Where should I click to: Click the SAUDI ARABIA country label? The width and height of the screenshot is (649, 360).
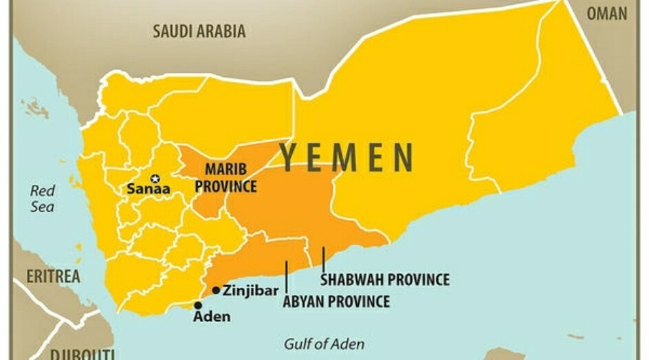point(199,31)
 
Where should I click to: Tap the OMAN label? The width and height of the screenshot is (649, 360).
point(606,14)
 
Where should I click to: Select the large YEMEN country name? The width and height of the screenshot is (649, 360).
point(346,157)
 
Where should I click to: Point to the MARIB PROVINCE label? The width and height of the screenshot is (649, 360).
point(225,177)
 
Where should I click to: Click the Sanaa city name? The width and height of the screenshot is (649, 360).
point(148,190)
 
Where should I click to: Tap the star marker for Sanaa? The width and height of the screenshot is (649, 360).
point(155,178)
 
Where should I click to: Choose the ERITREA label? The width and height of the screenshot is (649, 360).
point(53,276)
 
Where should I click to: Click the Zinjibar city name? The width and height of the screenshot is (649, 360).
point(250,290)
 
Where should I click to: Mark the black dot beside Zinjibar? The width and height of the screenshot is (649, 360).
point(216,290)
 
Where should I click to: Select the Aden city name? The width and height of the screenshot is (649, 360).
point(212,317)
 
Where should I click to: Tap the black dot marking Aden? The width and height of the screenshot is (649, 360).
point(198,305)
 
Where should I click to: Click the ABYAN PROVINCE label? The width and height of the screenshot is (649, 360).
point(336,301)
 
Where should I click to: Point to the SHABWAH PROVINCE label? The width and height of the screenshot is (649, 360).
point(385,280)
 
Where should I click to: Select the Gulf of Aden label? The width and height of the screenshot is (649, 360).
point(324,344)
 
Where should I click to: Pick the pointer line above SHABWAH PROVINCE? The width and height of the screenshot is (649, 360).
point(323,259)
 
